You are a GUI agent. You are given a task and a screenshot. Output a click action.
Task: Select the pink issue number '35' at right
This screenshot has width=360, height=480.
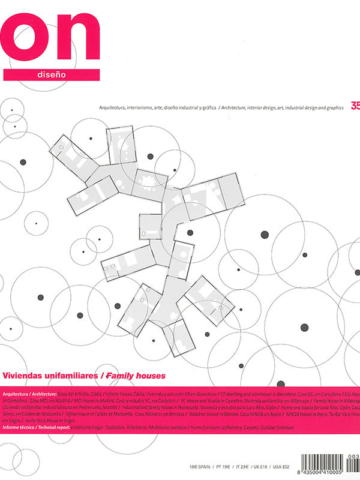click(355, 107)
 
